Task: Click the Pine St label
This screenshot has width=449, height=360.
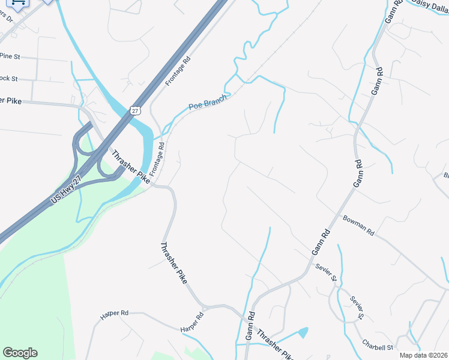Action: (x=10, y=56)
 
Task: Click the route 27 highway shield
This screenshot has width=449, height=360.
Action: (x=134, y=110)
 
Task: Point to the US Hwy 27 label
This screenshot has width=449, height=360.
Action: (x=67, y=190)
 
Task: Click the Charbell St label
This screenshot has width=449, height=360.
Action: (x=377, y=347)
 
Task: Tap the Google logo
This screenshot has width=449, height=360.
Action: (x=20, y=353)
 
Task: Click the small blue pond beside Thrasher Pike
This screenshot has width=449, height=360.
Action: (x=303, y=331)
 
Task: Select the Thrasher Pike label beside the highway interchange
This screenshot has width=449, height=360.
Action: (x=130, y=166)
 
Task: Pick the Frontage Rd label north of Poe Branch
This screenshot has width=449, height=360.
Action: (x=178, y=71)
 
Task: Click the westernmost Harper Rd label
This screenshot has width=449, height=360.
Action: (x=115, y=313)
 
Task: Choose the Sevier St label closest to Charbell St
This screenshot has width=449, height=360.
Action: (x=358, y=307)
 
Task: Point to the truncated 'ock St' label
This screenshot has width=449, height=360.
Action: (x=9, y=79)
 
